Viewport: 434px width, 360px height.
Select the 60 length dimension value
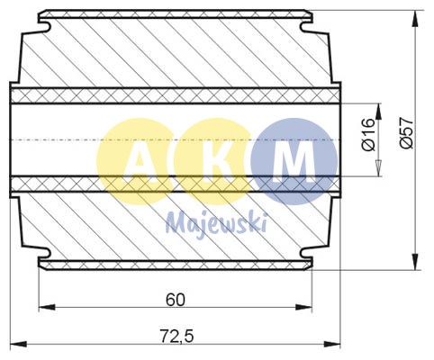point(177,299)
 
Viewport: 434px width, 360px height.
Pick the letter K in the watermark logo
point(212,162)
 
